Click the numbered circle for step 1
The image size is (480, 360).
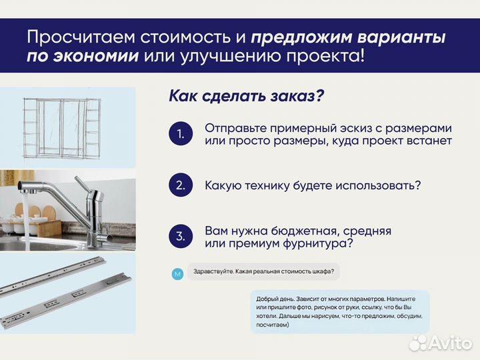[x=180, y=134]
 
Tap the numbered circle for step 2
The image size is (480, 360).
[x=180, y=185]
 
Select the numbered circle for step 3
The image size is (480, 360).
[x=180, y=237]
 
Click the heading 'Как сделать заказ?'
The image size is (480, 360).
[x=246, y=96]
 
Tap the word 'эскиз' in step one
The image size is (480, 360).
[x=343, y=127]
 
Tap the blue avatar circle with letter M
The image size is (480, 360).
[x=177, y=274]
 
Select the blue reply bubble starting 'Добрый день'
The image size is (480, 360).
[x=340, y=311]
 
